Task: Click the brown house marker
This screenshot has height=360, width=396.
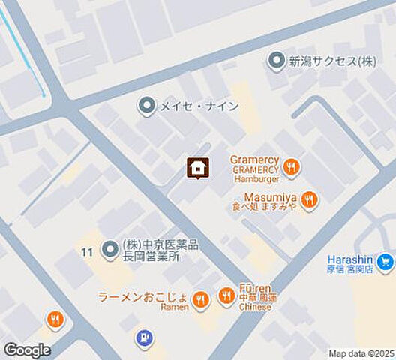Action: [197, 169]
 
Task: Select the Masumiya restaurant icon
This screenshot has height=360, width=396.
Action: [308, 199]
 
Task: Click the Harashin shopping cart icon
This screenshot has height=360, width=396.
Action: [385, 262]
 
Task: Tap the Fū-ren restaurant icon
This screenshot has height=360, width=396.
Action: [226, 297]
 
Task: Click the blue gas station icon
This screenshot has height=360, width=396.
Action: [142, 339]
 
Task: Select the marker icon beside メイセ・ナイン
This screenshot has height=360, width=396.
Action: [147, 106]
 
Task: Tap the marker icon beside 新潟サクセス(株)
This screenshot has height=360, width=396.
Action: [277, 61]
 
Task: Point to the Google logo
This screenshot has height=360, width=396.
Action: [27, 350]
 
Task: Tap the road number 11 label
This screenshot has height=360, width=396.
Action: [88, 252]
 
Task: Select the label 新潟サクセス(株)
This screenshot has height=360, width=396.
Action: [333, 61]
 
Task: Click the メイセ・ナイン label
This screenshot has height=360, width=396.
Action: [198, 106]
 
